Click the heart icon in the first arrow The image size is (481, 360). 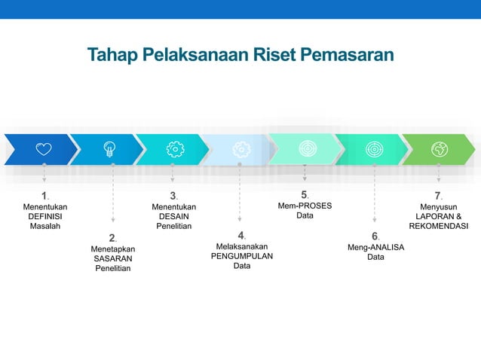coord(44,149)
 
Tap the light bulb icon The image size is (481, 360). coord(110,149)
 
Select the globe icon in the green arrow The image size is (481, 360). coord(439,149)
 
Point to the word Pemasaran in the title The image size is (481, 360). coord(346,55)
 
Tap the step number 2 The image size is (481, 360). coord(112,238)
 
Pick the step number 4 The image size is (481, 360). coord(240,235)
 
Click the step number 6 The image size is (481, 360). coord(374,236)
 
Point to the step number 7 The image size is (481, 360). coord(437,196)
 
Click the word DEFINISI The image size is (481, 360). coord(45,216)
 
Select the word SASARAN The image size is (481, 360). coord(113,258)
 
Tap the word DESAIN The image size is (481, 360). coord(174,216)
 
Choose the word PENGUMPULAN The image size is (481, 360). coord(242,256)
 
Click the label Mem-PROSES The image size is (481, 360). coord(305,206)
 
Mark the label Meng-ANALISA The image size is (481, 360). coord(375,246)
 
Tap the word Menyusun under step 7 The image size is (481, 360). coord(439,206)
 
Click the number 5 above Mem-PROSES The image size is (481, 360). coord(304,194)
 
